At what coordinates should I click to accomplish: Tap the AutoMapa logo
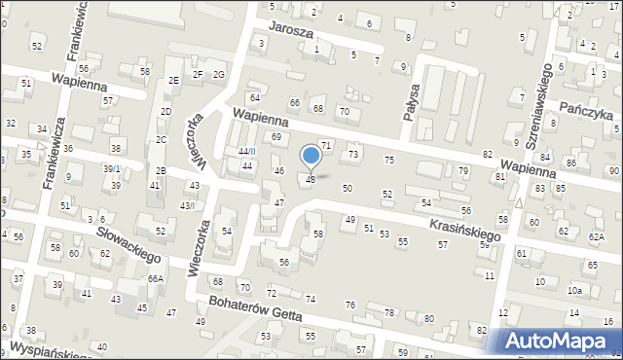coord(560,341)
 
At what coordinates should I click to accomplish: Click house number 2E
coord(174,80)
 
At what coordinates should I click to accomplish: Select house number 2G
coord(219,74)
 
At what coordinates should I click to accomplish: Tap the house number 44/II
coord(246,152)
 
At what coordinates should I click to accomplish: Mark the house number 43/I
coord(187,205)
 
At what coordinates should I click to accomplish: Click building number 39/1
coord(112,168)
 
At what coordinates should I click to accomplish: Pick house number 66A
coord(156,278)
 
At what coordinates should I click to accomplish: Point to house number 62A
coord(596,237)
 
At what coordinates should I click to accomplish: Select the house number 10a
coord(575,290)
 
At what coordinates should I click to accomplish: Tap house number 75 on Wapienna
coord(389,160)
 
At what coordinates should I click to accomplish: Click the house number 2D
coord(166,112)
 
